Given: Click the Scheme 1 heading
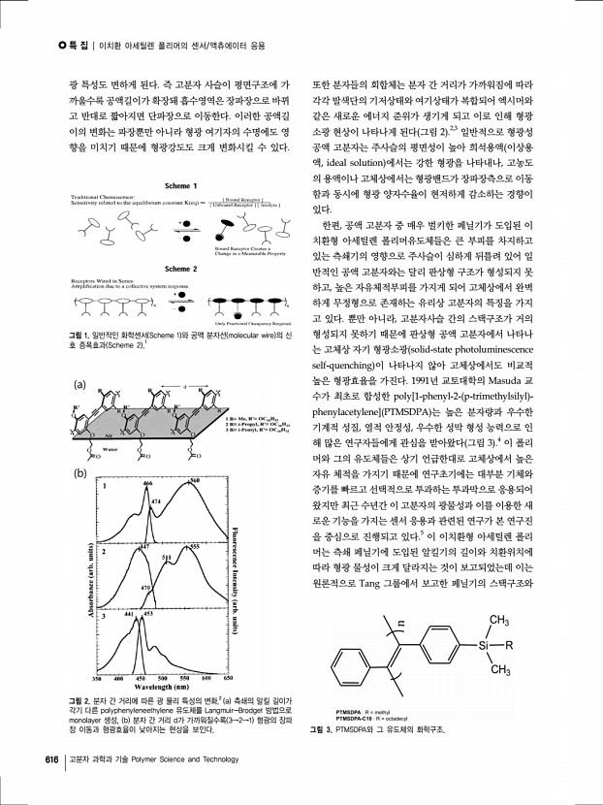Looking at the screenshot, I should point(155,186).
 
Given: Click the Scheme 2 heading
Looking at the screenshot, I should point(155,268).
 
